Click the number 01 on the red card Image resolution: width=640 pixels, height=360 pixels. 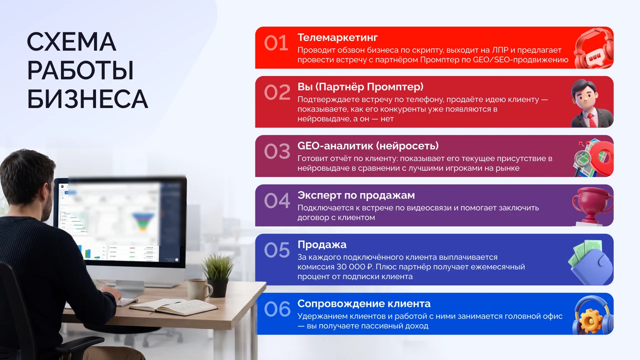point(276,43)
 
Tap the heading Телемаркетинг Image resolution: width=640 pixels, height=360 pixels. point(337,37)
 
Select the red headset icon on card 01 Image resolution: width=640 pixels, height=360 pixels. point(593,48)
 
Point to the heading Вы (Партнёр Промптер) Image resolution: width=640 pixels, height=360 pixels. point(360,87)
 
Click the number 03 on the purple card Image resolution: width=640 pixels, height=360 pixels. point(277,151)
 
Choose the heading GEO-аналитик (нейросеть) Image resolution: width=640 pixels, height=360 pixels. point(368,146)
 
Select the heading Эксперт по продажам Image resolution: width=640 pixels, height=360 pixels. point(356,195)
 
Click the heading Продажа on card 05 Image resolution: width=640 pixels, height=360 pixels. point(322,244)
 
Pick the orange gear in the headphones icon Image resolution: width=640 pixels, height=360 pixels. point(590,321)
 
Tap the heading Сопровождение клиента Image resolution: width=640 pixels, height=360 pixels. point(364,303)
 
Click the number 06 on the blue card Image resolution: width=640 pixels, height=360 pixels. point(277,309)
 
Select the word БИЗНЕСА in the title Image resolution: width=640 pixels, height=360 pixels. point(87,99)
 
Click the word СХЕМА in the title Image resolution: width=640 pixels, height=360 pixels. point(71,41)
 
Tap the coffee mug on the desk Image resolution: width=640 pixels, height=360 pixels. point(199,289)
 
